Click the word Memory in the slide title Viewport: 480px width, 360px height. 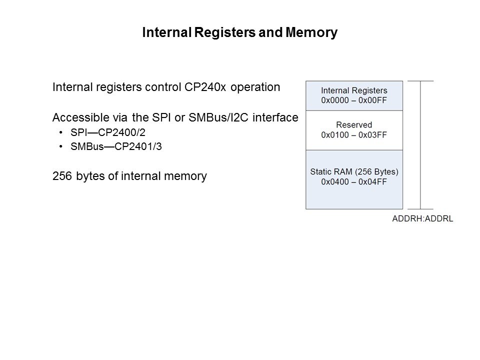coord(311,33)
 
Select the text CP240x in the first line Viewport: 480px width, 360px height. coord(195,87)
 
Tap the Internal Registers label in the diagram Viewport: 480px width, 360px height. coord(354,91)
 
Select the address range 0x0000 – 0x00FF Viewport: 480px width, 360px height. coord(354,100)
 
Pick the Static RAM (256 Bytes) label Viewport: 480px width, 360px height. coord(354,171)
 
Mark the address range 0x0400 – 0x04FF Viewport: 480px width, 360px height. coord(354,181)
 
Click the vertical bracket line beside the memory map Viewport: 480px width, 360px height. coord(420,145)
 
